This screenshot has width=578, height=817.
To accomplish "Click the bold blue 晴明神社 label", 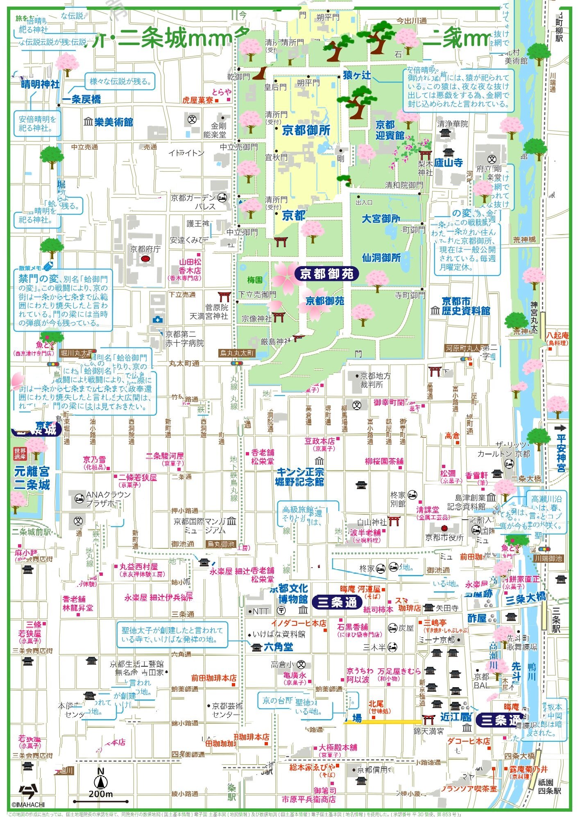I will click(x=40, y=84).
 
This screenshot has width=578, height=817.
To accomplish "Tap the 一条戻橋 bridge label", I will click(x=81, y=99).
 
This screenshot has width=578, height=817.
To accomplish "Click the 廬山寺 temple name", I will click(x=449, y=163).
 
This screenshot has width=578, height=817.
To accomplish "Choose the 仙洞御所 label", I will click(x=381, y=258).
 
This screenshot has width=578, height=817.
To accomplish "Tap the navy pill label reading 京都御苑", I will click(x=326, y=274).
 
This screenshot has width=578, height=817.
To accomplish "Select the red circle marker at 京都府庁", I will click(x=145, y=259).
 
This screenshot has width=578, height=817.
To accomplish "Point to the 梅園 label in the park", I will click(x=254, y=280).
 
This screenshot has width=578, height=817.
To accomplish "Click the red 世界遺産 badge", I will click(x=20, y=453).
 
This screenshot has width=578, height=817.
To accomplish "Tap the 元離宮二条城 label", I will click(x=32, y=478).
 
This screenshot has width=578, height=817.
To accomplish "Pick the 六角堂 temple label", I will click(x=278, y=647).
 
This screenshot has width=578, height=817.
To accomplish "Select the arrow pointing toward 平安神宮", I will click(x=559, y=428).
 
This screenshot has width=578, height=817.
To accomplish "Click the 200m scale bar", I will click(x=100, y=801).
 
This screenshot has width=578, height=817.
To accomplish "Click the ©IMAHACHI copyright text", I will click(x=28, y=804).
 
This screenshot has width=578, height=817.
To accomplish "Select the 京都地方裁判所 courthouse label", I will click(x=375, y=380).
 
